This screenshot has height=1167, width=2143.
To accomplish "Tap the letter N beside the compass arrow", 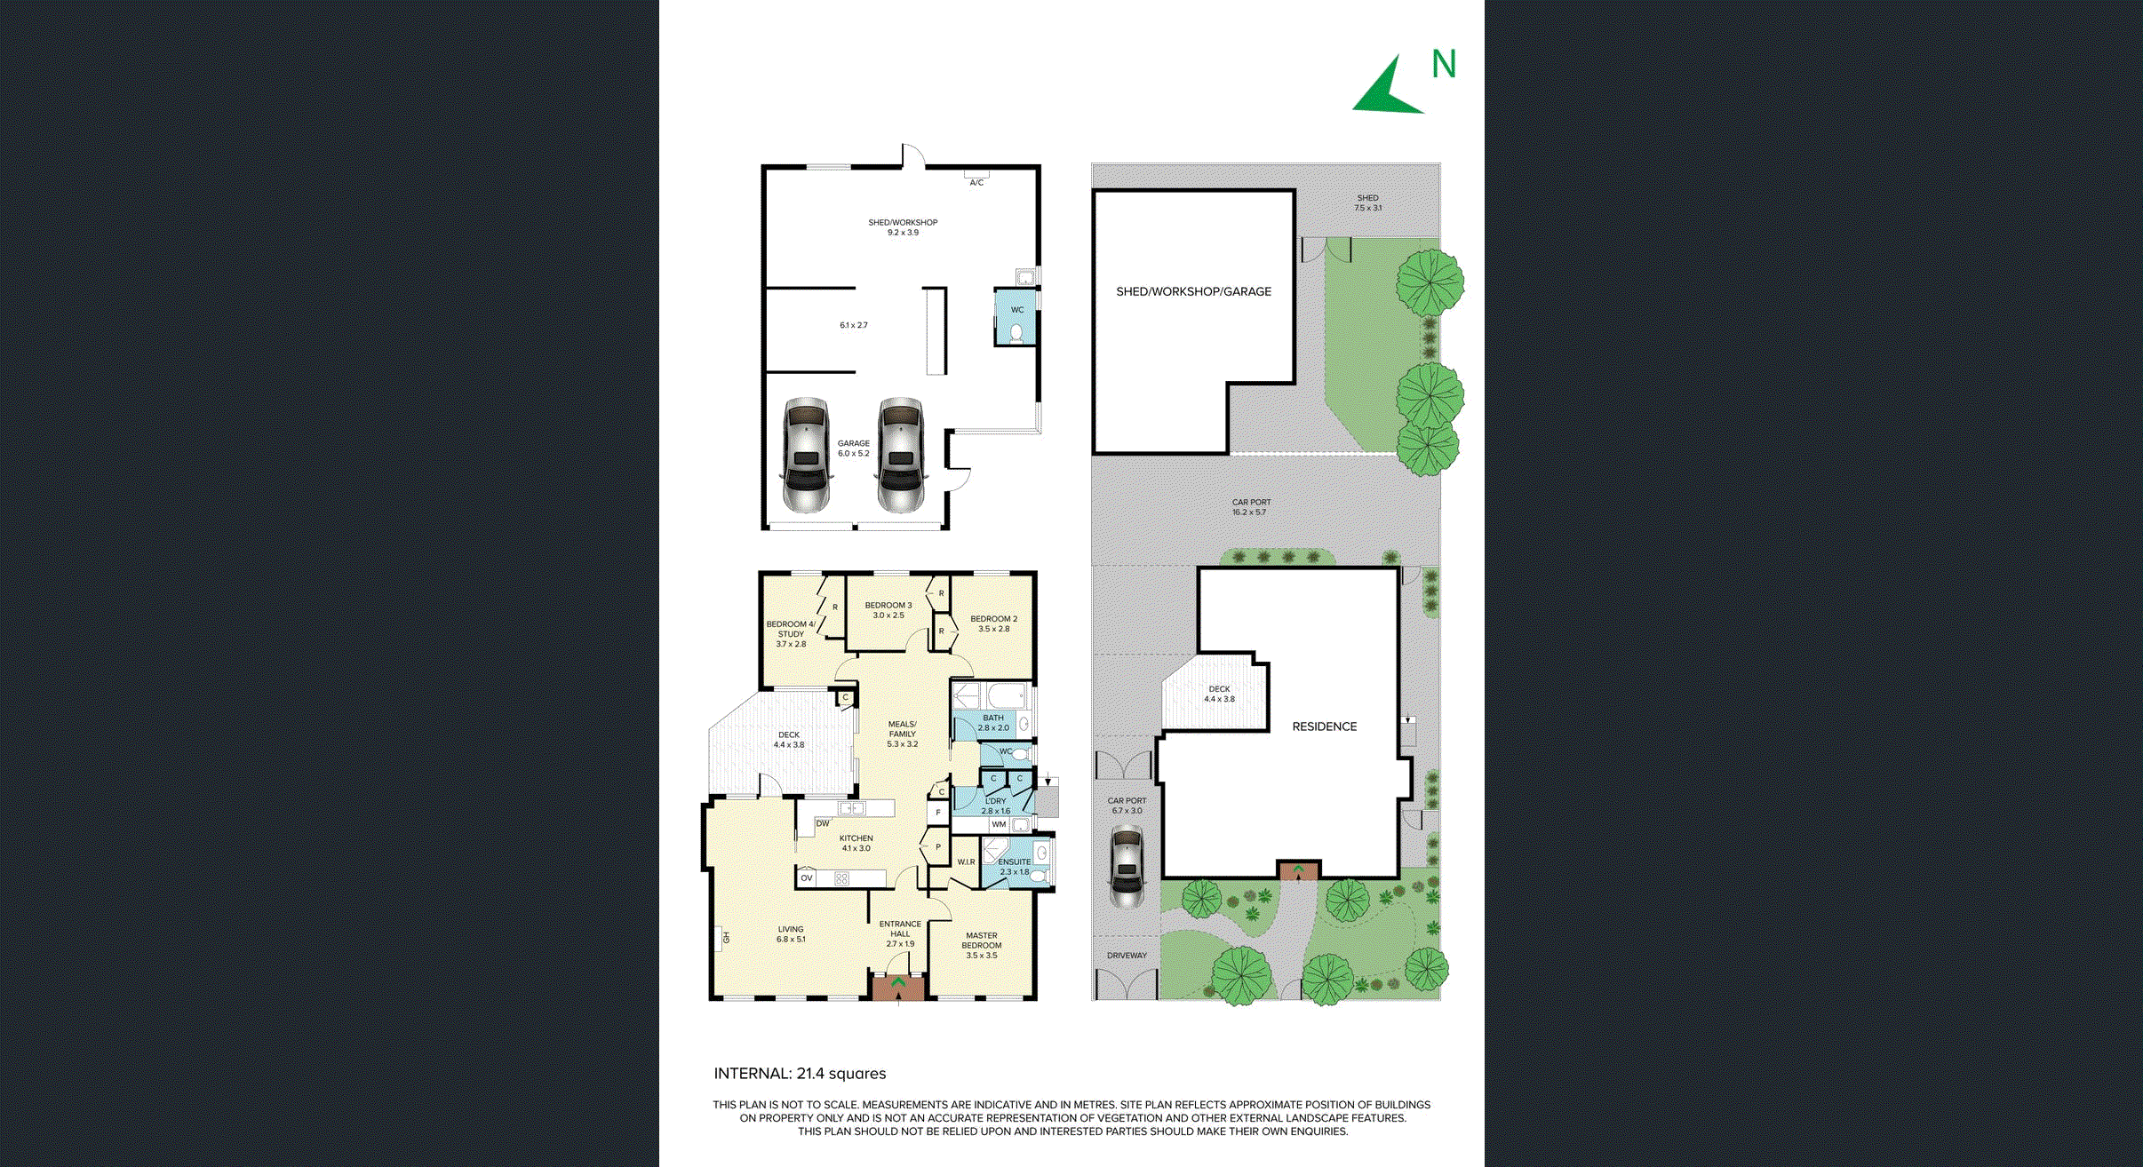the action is coord(1444,64).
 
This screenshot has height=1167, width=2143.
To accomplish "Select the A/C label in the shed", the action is coord(976,183).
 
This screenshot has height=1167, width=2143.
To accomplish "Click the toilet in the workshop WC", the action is coord(1016,333).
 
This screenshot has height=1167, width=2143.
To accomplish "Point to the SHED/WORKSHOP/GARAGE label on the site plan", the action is coord(1193,291).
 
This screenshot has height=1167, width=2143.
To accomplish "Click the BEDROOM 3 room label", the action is coord(888,606).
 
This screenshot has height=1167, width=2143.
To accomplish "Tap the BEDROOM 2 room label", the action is coord(993,619).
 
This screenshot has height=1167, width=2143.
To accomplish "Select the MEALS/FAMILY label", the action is coord(902,729).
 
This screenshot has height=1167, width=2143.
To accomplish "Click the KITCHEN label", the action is coord(856,838).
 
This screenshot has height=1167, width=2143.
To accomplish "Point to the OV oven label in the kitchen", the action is coord(807,878).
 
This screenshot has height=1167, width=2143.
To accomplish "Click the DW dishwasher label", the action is coord(823,824).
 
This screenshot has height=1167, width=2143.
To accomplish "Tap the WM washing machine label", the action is coord(999,825).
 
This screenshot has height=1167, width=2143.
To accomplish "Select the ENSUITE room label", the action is coord(1015,862).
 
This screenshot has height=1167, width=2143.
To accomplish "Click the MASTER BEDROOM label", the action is coord(982,941).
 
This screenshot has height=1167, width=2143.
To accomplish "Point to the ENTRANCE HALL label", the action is coord(900,929).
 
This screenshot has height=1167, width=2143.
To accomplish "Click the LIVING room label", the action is coord(791,930).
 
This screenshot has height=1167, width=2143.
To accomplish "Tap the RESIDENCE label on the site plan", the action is coord(1325,726).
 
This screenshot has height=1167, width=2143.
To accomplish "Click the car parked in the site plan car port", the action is coord(1127,866).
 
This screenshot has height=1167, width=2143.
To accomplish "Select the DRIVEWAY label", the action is coord(1127,956).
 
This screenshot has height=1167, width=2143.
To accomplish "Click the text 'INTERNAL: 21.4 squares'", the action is coord(800,1074).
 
